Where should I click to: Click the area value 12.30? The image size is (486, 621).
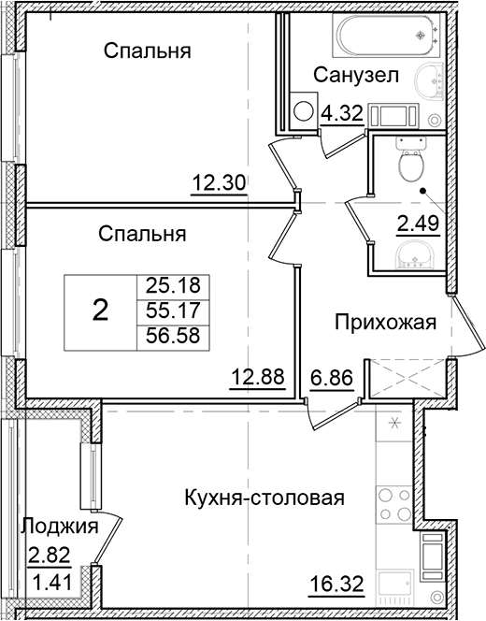(x=219, y=183)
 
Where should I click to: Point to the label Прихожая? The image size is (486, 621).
(x=386, y=324)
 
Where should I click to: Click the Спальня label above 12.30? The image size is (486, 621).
(x=148, y=51)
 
